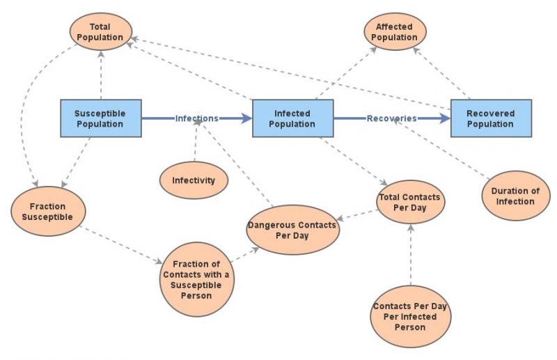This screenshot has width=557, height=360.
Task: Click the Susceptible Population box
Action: (x=99, y=118)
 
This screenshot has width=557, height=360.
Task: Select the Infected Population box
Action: (x=292, y=118)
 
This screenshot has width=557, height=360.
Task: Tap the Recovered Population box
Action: (x=491, y=118)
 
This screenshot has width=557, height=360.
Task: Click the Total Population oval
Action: (x=100, y=32)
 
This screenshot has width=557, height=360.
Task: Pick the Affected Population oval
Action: (x=395, y=32)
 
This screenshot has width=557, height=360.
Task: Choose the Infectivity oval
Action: (x=194, y=180)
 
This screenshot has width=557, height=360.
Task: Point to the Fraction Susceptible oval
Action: (x=48, y=212)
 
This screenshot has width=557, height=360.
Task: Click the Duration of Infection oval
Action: (x=515, y=196)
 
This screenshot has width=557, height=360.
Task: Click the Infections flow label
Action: (x=196, y=118)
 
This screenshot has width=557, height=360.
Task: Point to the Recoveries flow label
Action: (x=391, y=118)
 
